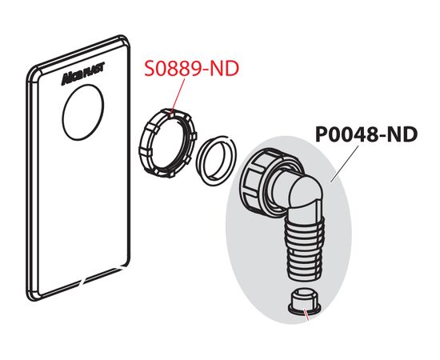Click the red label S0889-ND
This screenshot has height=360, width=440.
191,69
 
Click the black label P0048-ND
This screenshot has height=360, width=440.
366,134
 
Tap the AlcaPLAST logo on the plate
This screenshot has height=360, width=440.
83,74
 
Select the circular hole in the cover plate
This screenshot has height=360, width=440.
83,112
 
